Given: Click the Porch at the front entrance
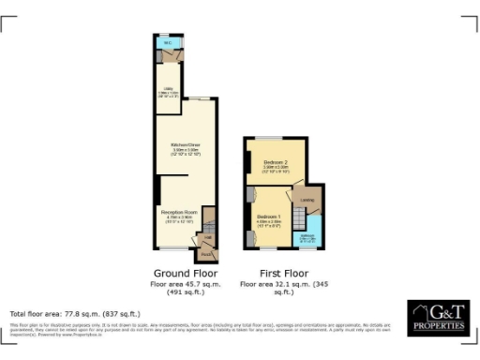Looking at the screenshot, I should click(x=206, y=252).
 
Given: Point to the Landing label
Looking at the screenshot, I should click(x=307, y=198).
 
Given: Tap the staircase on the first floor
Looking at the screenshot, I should click(x=298, y=221).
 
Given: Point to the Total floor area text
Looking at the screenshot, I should click(x=74, y=313).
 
